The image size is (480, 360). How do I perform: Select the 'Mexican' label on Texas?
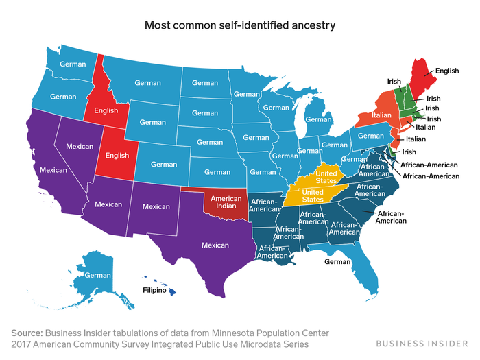(215, 245)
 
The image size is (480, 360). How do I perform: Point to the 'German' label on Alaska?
(97, 275)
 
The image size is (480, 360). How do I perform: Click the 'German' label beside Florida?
(337, 261)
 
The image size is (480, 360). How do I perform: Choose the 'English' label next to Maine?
(446, 70)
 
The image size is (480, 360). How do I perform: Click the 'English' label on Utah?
(117, 156)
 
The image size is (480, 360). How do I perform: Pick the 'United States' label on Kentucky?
(325, 177)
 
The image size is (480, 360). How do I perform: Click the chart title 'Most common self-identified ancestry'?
(240, 27)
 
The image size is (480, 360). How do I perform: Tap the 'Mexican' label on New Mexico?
(156, 206)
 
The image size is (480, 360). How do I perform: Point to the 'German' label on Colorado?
(164, 165)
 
